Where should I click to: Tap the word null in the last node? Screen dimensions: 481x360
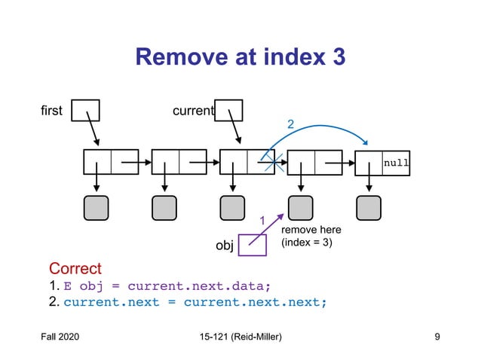pyautogui.click(x=396, y=163)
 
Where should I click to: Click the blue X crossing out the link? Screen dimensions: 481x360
pyautogui.click(x=274, y=162)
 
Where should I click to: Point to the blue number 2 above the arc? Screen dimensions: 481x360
pyautogui.click(x=290, y=124)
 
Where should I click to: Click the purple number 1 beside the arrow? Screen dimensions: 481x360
pyautogui.click(x=262, y=221)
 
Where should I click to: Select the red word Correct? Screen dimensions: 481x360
pyautogui.click(x=75, y=268)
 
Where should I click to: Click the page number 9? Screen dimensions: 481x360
pyautogui.click(x=437, y=337)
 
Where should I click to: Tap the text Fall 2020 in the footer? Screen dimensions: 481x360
pyautogui.click(x=60, y=337)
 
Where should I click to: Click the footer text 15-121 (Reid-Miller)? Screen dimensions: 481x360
pyautogui.click(x=240, y=337)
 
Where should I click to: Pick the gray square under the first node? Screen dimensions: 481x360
pyautogui.click(x=96, y=208)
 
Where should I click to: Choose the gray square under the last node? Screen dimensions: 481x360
pyautogui.click(x=369, y=208)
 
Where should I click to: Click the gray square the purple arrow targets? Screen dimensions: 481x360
pyautogui.click(x=301, y=208)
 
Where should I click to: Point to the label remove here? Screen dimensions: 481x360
pyautogui.click(x=311, y=230)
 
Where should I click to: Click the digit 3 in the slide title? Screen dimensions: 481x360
pyautogui.click(x=339, y=57)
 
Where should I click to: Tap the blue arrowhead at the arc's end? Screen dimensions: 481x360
pyautogui.click(x=365, y=142)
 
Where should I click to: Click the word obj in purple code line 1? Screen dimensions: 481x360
pyautogui.click(x=91, y=286)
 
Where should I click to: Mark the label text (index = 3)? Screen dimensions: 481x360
pyautogui.click(x=307, y=243)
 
